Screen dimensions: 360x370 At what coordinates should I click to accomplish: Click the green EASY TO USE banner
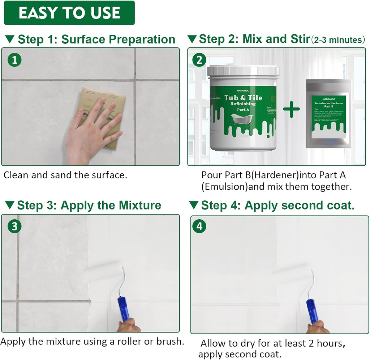pyautogui.click(x=69, y=13)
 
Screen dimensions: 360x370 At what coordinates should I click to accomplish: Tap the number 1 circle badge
pyautogui.click(x=14, y=60)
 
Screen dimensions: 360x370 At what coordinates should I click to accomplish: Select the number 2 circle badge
pyautogui.click(x=199, y=60)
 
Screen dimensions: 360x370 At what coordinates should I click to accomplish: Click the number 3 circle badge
pyautogui.click(x=14, y=227)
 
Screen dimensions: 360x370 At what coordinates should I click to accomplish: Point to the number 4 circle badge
pyautogui.click(x=199, y=227)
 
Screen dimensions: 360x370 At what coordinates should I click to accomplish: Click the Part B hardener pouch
pyautogui.click(x=328, y=114)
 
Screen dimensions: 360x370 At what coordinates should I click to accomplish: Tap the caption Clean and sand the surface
pyautogui.click(x=65, y=175)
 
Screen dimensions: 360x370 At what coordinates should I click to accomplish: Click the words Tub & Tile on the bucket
pyautogui.click(x=243, y=98)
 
